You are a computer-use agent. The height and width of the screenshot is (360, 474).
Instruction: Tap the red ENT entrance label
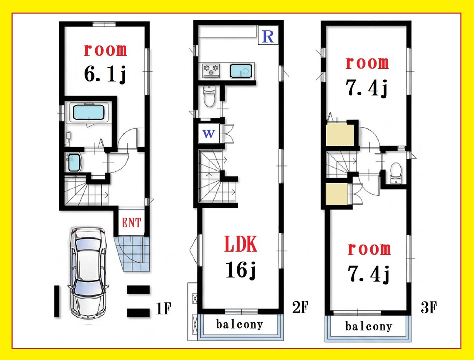[x=131, y=223]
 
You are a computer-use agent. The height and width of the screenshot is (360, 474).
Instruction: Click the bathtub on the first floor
[x=89, y=112]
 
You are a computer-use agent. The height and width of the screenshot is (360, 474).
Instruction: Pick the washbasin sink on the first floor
[x=74, y=162]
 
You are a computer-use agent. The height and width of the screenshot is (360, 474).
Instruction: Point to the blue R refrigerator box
[x=268, y=35]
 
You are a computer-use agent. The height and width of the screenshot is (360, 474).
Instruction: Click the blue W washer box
[x=209, y=134]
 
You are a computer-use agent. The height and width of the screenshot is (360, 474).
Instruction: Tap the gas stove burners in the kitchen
[x=211, y=71]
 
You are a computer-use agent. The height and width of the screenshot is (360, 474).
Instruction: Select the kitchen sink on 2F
[x=241, y=71]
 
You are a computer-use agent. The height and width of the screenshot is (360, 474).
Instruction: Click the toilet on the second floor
[x=209, y=96]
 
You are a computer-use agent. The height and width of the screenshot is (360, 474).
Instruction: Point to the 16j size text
[x=240, y=270]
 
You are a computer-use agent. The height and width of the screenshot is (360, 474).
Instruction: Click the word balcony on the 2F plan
[x=240, y=325]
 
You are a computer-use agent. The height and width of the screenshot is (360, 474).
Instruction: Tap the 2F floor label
[x=300, y=307]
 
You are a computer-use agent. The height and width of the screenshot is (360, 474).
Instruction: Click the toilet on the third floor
[x=396, y=173]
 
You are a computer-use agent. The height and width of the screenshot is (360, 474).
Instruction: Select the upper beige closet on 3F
[x=340, y=135]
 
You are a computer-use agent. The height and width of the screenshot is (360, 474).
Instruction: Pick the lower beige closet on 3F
[x=337, y=194]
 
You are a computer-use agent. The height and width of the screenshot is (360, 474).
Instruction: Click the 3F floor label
[x=429, y=307]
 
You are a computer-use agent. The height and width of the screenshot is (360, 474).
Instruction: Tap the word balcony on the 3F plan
[x=368, y=327]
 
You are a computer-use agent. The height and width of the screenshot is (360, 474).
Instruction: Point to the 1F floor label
[x=164, y=309]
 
